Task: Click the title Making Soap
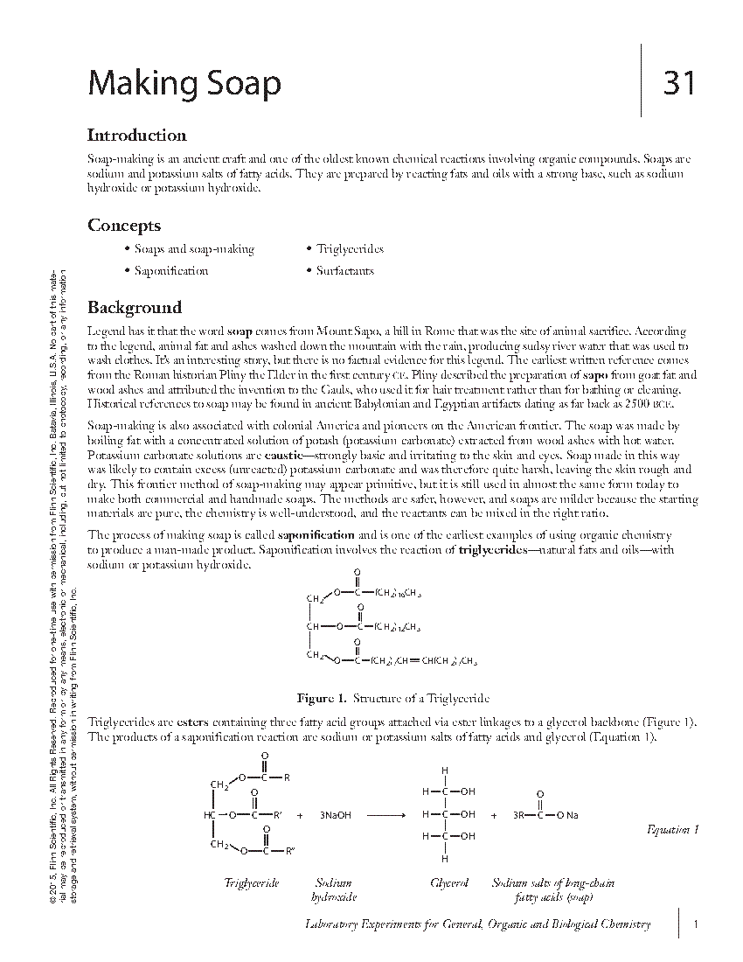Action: coord(184,84)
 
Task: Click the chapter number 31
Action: coord(679,83)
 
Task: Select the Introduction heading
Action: coord(136,136)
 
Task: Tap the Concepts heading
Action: coord(123,226)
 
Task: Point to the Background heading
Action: coord(135,308)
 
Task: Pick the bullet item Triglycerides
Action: coord(350,249)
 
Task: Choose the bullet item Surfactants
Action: coord(345,271)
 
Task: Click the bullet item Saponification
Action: coord(171,271)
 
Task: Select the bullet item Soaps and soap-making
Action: coord(194,249)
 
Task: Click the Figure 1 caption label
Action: coord(322,699)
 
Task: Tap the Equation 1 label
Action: coord(673,830)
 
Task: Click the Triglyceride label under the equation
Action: coord(252,883)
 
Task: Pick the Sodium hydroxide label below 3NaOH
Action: coord(333,890)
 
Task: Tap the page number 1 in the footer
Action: coord(694,924)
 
